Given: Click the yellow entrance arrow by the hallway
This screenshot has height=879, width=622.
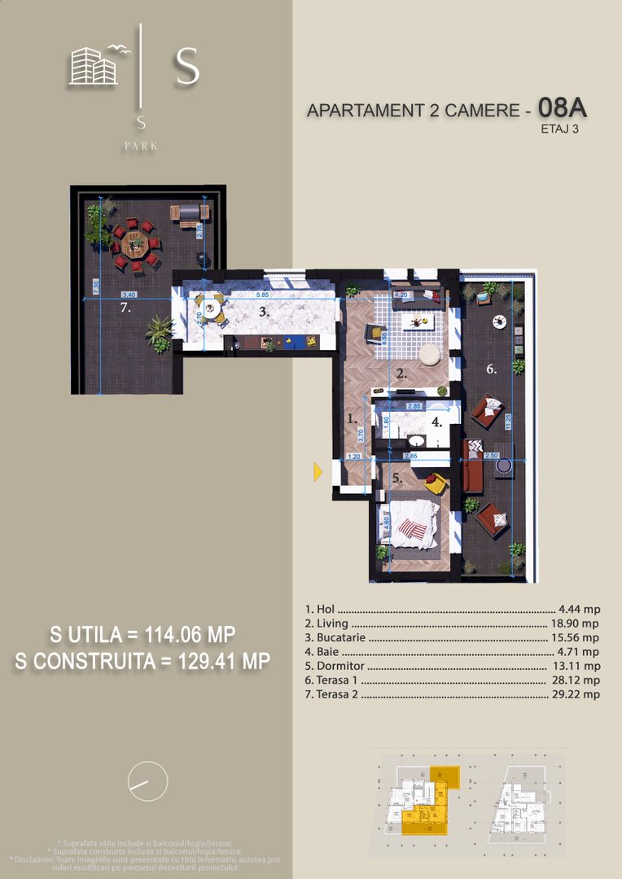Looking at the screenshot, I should pos(318,471).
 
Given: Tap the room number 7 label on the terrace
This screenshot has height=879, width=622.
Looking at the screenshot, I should pos(125,308).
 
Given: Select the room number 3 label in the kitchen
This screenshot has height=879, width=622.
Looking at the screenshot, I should pos(264,312).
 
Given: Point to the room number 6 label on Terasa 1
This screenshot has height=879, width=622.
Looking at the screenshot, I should pos(491,370).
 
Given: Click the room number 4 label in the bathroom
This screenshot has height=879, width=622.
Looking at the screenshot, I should pos(436,422).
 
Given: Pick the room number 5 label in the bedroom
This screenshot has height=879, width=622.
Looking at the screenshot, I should pos(397,479).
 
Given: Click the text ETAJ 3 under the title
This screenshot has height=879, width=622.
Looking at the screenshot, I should pos(558,128).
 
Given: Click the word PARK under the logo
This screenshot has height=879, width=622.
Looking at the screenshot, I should pos(142,146).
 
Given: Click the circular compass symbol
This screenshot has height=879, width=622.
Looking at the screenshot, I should pos(148,782).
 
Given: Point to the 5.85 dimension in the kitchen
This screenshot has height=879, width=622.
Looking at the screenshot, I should pos(261,295).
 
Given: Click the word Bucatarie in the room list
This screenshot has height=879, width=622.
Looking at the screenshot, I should pos(335,637).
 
